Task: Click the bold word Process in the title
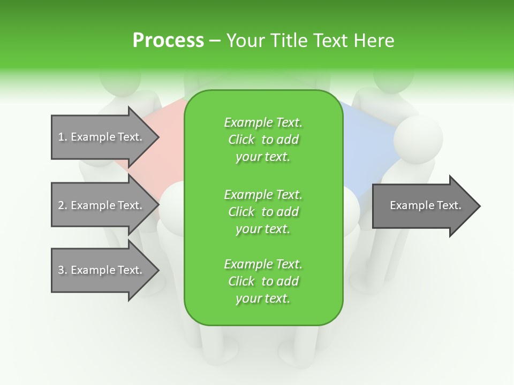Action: click(168, 41)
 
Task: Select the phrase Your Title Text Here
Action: click(311, 41)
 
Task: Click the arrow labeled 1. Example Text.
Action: click(102, 137)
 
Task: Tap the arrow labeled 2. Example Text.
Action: click(102, 205)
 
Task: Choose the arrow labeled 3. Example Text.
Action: click(102, 270)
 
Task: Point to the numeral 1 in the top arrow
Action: click(61, 137)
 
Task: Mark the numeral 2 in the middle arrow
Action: click(61, 205)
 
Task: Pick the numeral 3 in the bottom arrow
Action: click(61, 270)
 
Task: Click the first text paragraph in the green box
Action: click(263, 140)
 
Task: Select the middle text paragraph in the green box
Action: click(263, 212)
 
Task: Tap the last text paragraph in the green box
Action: click(263, 281)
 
